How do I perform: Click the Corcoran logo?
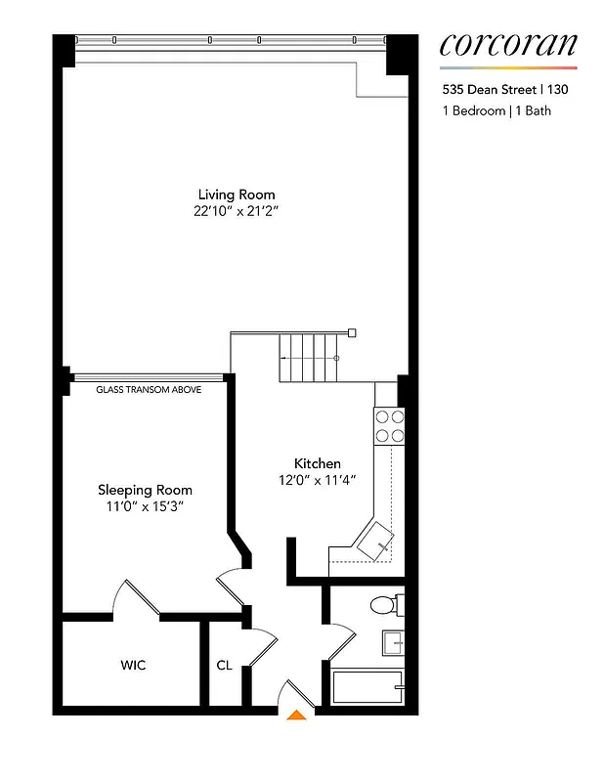tap(507, 45)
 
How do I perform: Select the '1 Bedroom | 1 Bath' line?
tap(496, 110)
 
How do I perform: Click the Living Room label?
tap(237, 195)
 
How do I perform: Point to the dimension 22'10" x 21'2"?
tap(237, 211)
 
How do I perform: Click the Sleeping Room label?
tap(145, 490)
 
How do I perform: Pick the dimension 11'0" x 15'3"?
tap(145, 506)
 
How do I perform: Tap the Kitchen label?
tap(318, 463)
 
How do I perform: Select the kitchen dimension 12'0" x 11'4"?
tap(318, 480)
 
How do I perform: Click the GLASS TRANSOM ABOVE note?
tap(149, 389)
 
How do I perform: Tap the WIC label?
tap(133, 666)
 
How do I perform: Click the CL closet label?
tap(224, 666)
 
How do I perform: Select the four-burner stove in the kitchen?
tap(390, 426)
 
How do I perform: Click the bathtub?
tap(367, 686)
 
